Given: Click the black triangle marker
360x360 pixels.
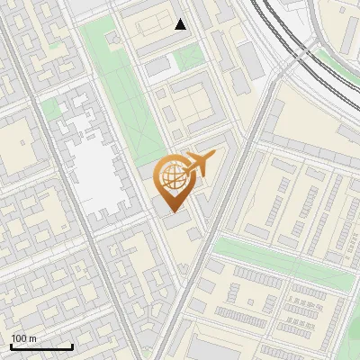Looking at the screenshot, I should [x=181, y=24].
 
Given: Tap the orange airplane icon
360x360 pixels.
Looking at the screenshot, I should [x=199, y=163].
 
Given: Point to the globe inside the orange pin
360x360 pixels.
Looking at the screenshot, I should [x=171, y=175].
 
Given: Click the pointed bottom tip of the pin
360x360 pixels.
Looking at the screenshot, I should [x=172, y=211].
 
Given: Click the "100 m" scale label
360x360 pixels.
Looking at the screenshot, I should [x=24, y=338].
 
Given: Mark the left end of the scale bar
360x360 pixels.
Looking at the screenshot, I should [x=11, y=346].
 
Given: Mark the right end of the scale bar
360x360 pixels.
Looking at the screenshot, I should [x=73, y=346].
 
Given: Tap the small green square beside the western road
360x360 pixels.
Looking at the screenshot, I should [x=51, y=109].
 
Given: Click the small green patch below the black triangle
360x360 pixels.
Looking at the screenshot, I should [x=188, y=58].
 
